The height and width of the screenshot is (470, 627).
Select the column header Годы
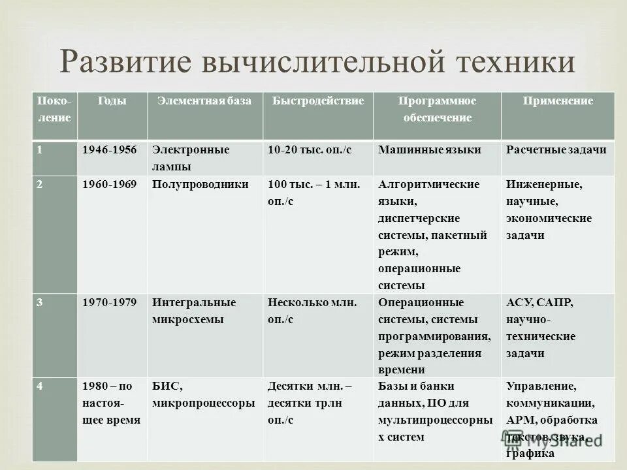(112, 101)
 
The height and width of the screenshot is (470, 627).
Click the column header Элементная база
(203, 101)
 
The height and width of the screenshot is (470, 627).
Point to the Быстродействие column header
(318, 101)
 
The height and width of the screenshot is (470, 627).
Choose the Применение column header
(558, 101)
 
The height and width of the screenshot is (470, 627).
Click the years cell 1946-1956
(109, 149)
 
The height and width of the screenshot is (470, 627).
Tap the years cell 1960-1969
(109, 184)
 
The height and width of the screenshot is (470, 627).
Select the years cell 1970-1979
(109, 303)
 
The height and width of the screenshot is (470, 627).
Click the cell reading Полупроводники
(201, 184)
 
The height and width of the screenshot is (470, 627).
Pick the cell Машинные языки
(430, 149)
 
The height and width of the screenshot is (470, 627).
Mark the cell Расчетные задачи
(556, 149)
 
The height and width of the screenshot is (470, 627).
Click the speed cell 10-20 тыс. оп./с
(310, 149)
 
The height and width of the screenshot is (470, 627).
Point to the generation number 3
(40, 303)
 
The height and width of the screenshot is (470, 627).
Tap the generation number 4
(40, 386)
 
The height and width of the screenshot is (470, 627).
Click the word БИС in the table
(166, 386)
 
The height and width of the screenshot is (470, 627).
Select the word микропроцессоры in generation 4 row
(203, 403)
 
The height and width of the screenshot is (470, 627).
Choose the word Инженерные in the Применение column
(544, 184)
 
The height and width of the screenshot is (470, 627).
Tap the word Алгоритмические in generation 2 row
(429, 184)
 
